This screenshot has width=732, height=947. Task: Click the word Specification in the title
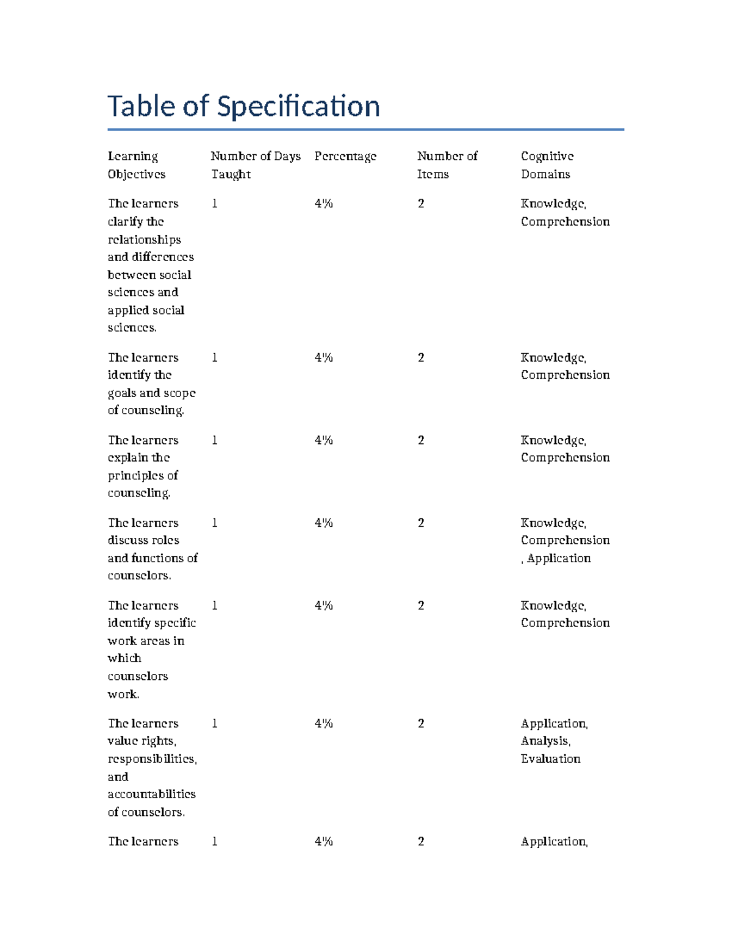click(298, 106)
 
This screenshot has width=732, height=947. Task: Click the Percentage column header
click(345, 156)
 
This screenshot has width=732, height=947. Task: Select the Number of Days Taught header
click(256, 165)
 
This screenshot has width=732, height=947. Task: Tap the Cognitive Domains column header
click(547, 165)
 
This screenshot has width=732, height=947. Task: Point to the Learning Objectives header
click(136, 165)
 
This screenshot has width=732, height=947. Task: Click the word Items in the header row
click(432, 174)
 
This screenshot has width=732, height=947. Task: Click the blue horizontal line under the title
click(365, 129)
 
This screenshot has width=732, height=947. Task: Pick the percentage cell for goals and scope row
click(323, 357)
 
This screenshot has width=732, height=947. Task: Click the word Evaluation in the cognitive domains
click(550, 759)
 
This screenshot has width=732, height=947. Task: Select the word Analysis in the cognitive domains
click(545, 741)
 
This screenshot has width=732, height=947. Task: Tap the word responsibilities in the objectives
click(152, 759)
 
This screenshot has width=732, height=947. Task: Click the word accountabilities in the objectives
click(151, 794)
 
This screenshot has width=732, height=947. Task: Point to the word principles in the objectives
click(136, 475)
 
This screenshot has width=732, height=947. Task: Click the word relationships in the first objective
click(144, 240)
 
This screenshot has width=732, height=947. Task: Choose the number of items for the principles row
click(421, 440)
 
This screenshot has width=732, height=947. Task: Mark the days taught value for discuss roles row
click(215, 523)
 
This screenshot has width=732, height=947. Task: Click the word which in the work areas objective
click(124, 658)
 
